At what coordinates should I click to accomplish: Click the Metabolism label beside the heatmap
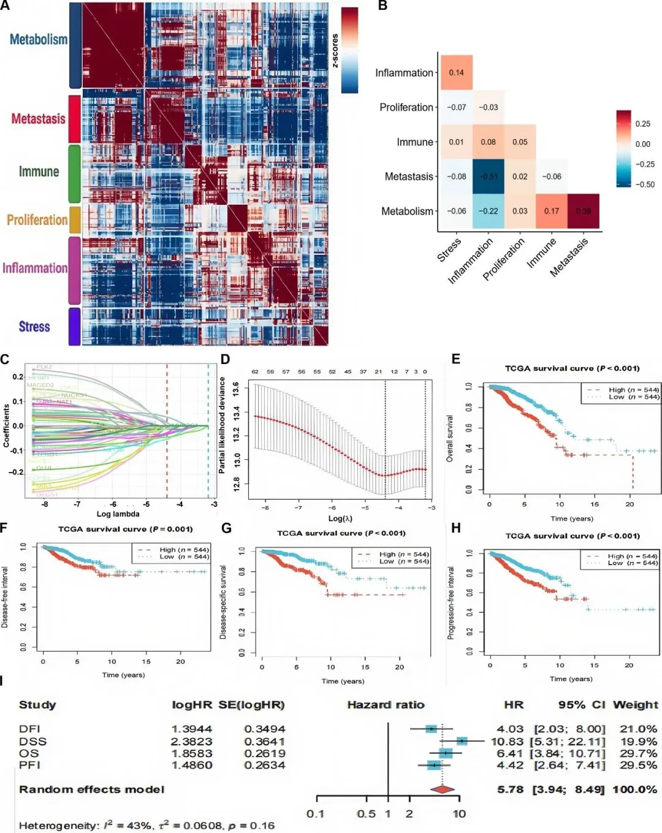[x=39, y=40]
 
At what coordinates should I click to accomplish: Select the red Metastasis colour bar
[x=74, y=118]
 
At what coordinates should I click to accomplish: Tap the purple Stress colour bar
[x=74, y=326]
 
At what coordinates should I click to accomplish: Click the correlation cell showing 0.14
[x=456, y=72]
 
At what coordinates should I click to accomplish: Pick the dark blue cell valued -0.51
[x=489, y=177]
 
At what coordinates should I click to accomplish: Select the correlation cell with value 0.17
[x=552, y=211]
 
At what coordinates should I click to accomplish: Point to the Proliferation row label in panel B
[x=406, y=107]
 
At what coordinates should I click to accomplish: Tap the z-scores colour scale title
[x=335, y=50]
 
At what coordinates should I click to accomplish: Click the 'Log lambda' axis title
[x=118, y=514]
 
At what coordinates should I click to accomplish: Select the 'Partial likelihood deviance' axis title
[x=222, y=425]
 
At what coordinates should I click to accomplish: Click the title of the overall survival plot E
[x=572, y=368]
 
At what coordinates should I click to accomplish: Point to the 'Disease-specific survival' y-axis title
[x=223, y=602]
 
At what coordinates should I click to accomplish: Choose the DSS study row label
[x=32, y=741]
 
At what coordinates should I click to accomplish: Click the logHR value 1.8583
[x=191, y=753]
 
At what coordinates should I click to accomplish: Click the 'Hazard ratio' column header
[x=386, y=705]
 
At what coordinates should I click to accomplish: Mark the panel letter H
[x=455, y=528]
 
